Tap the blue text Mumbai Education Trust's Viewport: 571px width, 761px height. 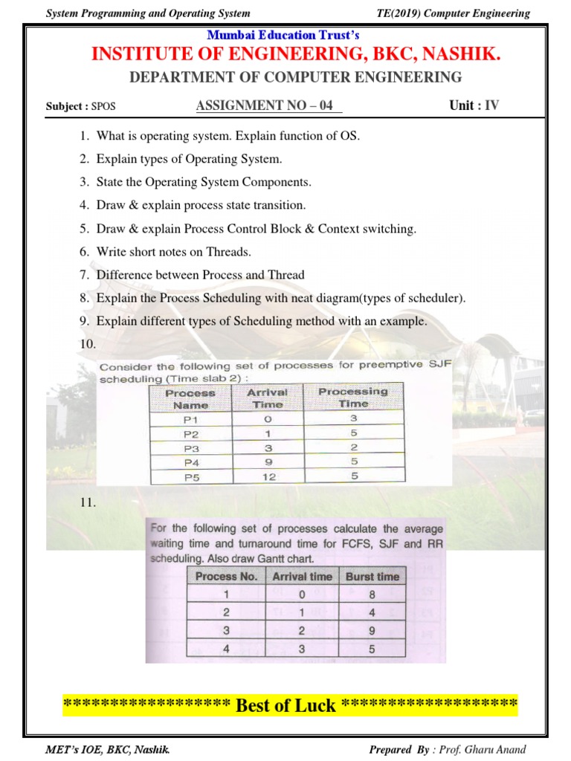pos(283,35)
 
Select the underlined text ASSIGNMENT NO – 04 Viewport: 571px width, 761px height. pos(265,106)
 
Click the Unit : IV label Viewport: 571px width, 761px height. pos(474,106)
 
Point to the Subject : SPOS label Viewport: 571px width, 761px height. pos(80,106)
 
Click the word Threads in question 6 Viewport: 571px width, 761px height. pos(227,252)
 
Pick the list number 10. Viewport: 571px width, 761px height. pos(87,344)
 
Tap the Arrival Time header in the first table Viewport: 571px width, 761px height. pos(267,398)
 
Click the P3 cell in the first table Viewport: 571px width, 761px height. pos(191,447)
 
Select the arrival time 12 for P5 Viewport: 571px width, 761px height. pos(268,476)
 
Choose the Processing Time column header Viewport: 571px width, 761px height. pos(353,397)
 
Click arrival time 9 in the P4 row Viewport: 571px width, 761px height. pos(268,462)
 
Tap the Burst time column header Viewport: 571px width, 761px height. pos(372,576)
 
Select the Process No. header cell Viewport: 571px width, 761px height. pos(226,576)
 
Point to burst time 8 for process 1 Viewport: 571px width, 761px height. pos(372,595)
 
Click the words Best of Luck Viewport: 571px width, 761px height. pos(285,705)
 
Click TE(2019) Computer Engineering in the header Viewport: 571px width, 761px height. pos(454,13)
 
